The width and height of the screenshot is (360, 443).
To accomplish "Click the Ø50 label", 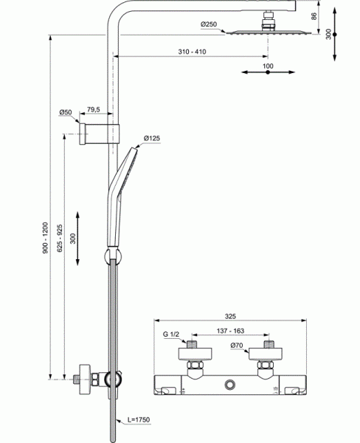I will coord(65,112).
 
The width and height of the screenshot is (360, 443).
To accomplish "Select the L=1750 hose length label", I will coord(137,420).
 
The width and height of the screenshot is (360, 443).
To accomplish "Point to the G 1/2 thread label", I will coord(171,334).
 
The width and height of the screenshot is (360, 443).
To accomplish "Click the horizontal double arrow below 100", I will coord(267,73).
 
